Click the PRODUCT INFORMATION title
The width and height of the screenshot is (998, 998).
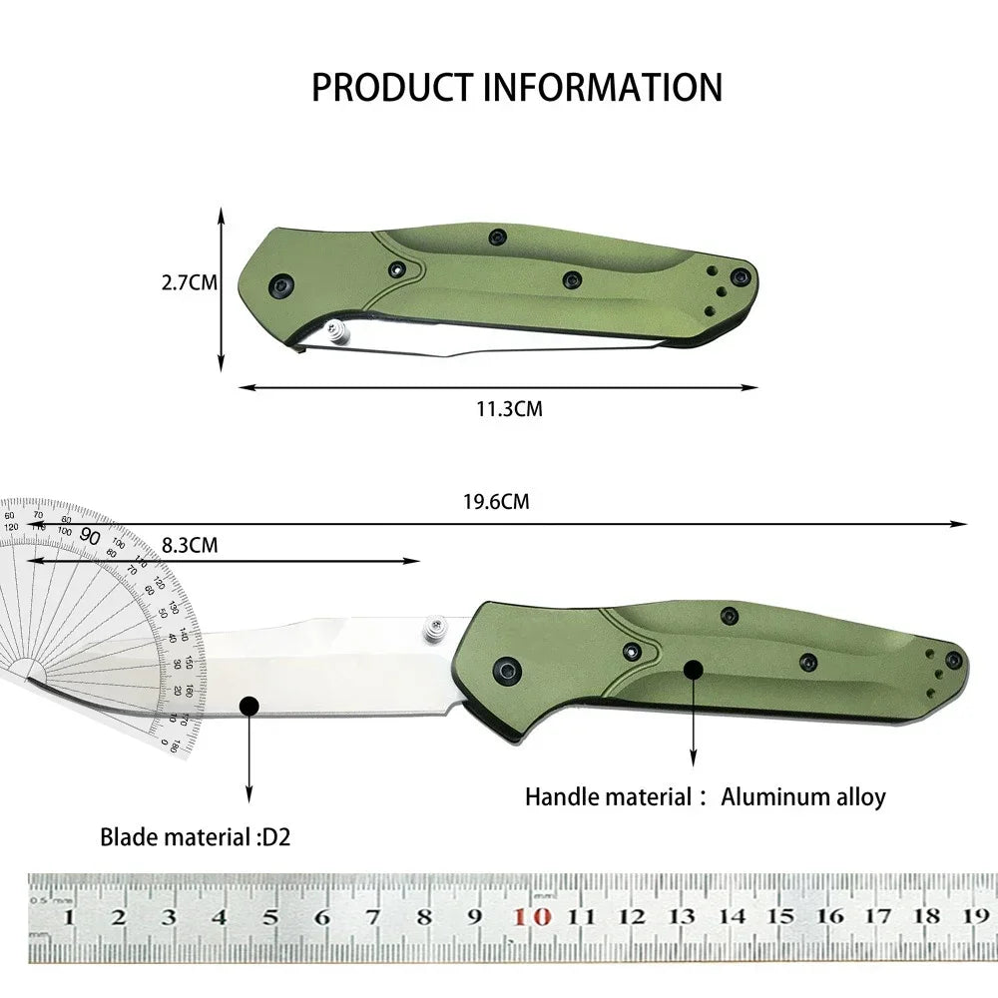coord(517,88)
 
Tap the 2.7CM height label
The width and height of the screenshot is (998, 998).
coord(189,282)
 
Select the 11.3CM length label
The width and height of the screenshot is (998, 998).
coord(509,408)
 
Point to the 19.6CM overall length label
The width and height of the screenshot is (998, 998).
coord(496,502)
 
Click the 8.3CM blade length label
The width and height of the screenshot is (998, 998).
coord(190,545)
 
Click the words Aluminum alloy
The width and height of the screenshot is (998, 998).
coord(802,796)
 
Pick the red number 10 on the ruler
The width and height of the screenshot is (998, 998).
coord(538,916)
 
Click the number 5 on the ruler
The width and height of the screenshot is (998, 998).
coord(269,917)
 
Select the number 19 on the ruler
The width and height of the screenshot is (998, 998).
coord(975,916)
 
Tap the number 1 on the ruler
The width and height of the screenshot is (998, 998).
coord(68,917)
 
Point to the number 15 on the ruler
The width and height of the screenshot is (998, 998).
coord(782,916)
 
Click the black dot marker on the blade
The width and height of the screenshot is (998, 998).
coord(249,707)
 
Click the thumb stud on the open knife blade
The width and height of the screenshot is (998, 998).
coord(434,628)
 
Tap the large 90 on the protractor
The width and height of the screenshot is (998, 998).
coord(90,536)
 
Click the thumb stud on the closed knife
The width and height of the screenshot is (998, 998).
coord(337,332)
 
